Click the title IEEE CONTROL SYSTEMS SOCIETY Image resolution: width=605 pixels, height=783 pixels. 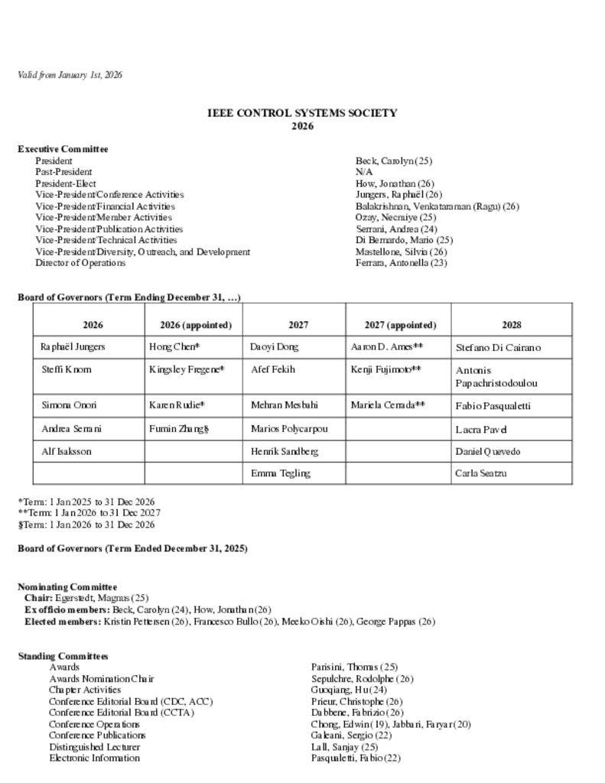point(302,113)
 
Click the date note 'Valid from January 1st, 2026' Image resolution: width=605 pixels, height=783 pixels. point(70,75)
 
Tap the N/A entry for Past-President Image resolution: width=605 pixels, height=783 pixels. point(363,172)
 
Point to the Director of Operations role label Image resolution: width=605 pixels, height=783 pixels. point(80,262)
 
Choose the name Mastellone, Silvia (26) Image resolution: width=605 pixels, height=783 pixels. point(401,252)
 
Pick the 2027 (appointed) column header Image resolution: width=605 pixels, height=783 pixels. point(398,325)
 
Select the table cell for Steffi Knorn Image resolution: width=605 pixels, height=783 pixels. point(67,369)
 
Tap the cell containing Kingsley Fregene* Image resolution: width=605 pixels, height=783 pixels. point(187,369)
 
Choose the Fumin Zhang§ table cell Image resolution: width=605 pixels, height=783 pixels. point(180,429)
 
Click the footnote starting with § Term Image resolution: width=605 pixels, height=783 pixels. point(86,525)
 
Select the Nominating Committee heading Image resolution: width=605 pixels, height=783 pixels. point(67,587)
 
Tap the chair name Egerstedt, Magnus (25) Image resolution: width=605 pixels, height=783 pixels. point(102,597)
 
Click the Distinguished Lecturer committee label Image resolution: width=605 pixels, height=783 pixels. point(95,746)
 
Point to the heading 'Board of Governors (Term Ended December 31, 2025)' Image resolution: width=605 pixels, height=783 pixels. point(132,548)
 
